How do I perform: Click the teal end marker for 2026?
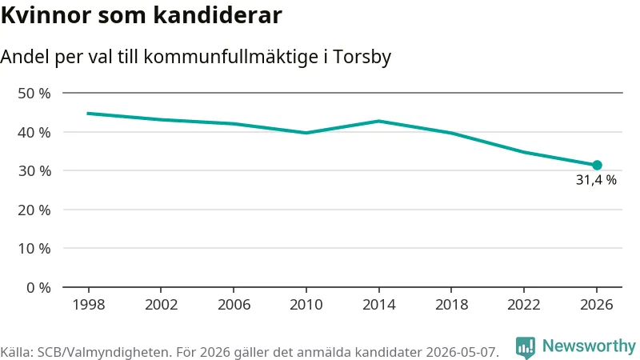[597, 166]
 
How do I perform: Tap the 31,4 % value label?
[596, 180]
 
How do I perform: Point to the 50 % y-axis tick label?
[34, 94]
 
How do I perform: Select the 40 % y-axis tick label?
[34, 132]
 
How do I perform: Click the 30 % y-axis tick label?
[34, 171]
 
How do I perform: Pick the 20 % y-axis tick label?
[34, 210]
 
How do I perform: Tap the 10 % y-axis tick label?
[34, 249]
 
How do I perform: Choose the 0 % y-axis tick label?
[38, 288]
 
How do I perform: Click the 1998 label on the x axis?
[89, 305]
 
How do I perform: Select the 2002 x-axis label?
[162, 305]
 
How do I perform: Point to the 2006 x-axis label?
[234, 305]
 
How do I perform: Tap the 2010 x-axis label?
[306, 305]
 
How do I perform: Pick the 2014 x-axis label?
[378, 305]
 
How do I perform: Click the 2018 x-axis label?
[451, 305]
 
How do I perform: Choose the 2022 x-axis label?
[524, 305]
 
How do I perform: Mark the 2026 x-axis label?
[596, 305]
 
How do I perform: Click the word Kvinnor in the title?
[46, 15]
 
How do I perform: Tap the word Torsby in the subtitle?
[362, 57]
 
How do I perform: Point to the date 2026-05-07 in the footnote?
[462, 352]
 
